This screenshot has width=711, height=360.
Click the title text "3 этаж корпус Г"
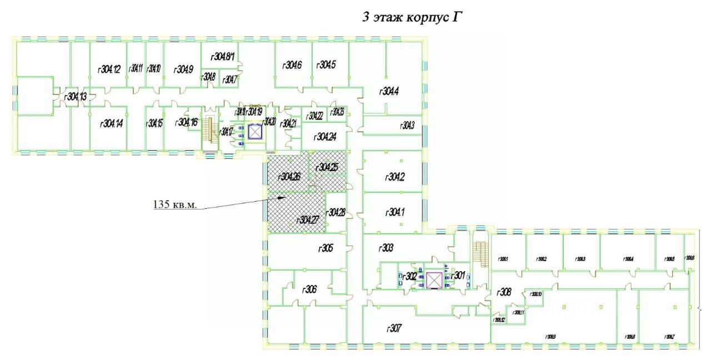coord(412,17)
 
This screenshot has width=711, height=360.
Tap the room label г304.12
coord(109,69)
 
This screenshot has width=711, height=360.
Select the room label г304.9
coord(183,69)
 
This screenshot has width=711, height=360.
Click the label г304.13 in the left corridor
coord(76,97)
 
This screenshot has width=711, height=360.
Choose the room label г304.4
coord(389,92)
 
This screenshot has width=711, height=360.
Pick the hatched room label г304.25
coord(328,167)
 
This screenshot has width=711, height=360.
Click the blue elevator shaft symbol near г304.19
coord(255,132)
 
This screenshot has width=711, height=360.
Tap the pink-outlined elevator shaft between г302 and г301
coord(433,280)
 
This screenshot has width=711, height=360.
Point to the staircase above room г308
coord(480,253)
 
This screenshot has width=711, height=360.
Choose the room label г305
coord(325,248)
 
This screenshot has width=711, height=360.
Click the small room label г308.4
coord(628,259)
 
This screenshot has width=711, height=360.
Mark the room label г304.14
coord(111,123)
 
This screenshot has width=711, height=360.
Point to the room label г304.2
coord(394,177)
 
